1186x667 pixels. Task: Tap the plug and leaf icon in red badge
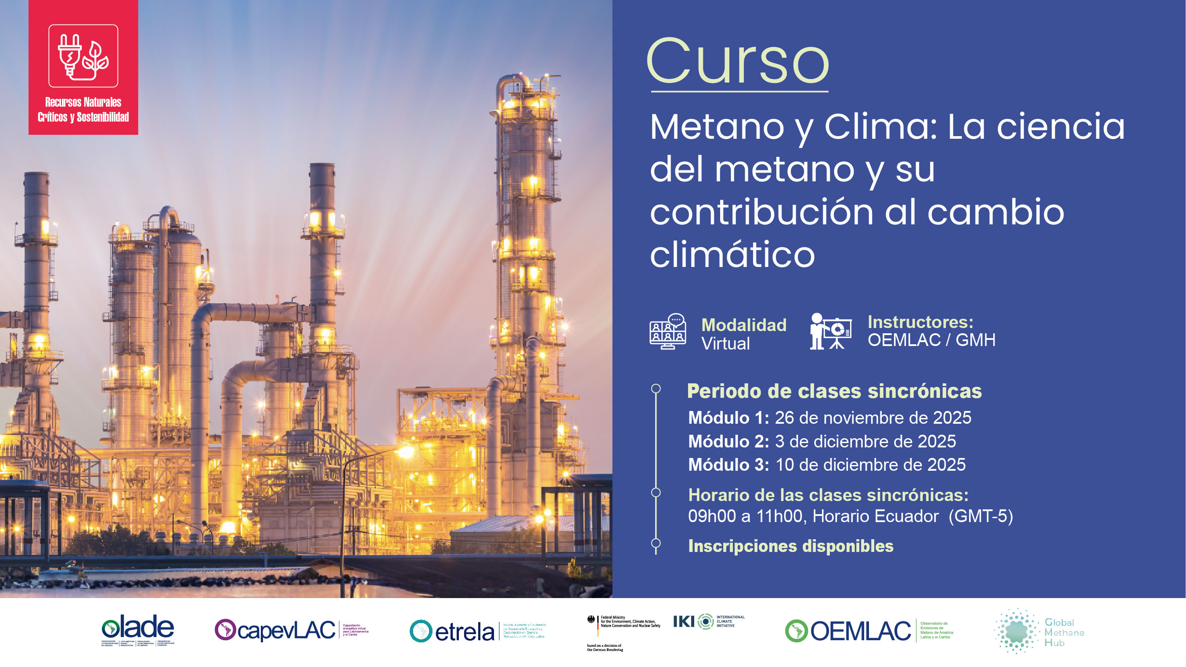point(83,56)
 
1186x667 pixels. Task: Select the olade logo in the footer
point(138,630)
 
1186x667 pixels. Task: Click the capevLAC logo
point(291,630)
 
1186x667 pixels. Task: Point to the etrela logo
point(476,631)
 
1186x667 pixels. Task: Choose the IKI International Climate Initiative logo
point(708,621)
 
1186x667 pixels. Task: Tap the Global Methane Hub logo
point(1039,631)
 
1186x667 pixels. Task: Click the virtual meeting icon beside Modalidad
point(667,332)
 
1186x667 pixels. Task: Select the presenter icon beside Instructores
point(831,332)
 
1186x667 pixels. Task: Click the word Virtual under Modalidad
point(725,344)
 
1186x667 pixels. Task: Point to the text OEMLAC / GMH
point(931,340)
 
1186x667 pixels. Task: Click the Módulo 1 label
point(728,418)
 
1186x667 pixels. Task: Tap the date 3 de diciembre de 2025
point(865,441)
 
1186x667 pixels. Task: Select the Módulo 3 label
point(728,465)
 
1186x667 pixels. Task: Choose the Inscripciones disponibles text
point(790,546)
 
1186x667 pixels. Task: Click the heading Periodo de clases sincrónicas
point(834,391)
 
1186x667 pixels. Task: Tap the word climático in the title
point(732,254)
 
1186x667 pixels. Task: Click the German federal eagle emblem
point(591,620)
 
